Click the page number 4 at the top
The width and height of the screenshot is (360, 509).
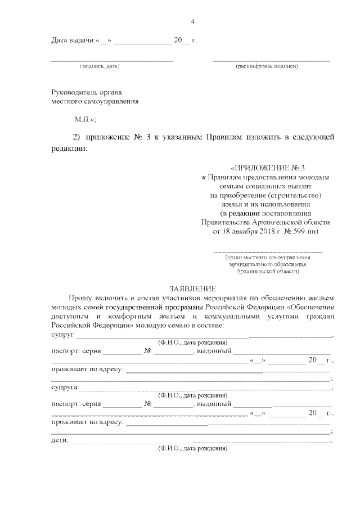click(193, 21)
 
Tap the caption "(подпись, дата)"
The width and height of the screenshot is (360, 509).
click(100, 67)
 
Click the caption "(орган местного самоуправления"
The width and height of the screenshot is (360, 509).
click(267, 258)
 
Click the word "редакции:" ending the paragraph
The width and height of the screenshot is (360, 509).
click(69, 150)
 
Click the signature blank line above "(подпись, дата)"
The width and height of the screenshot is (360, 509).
click(112, 60)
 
